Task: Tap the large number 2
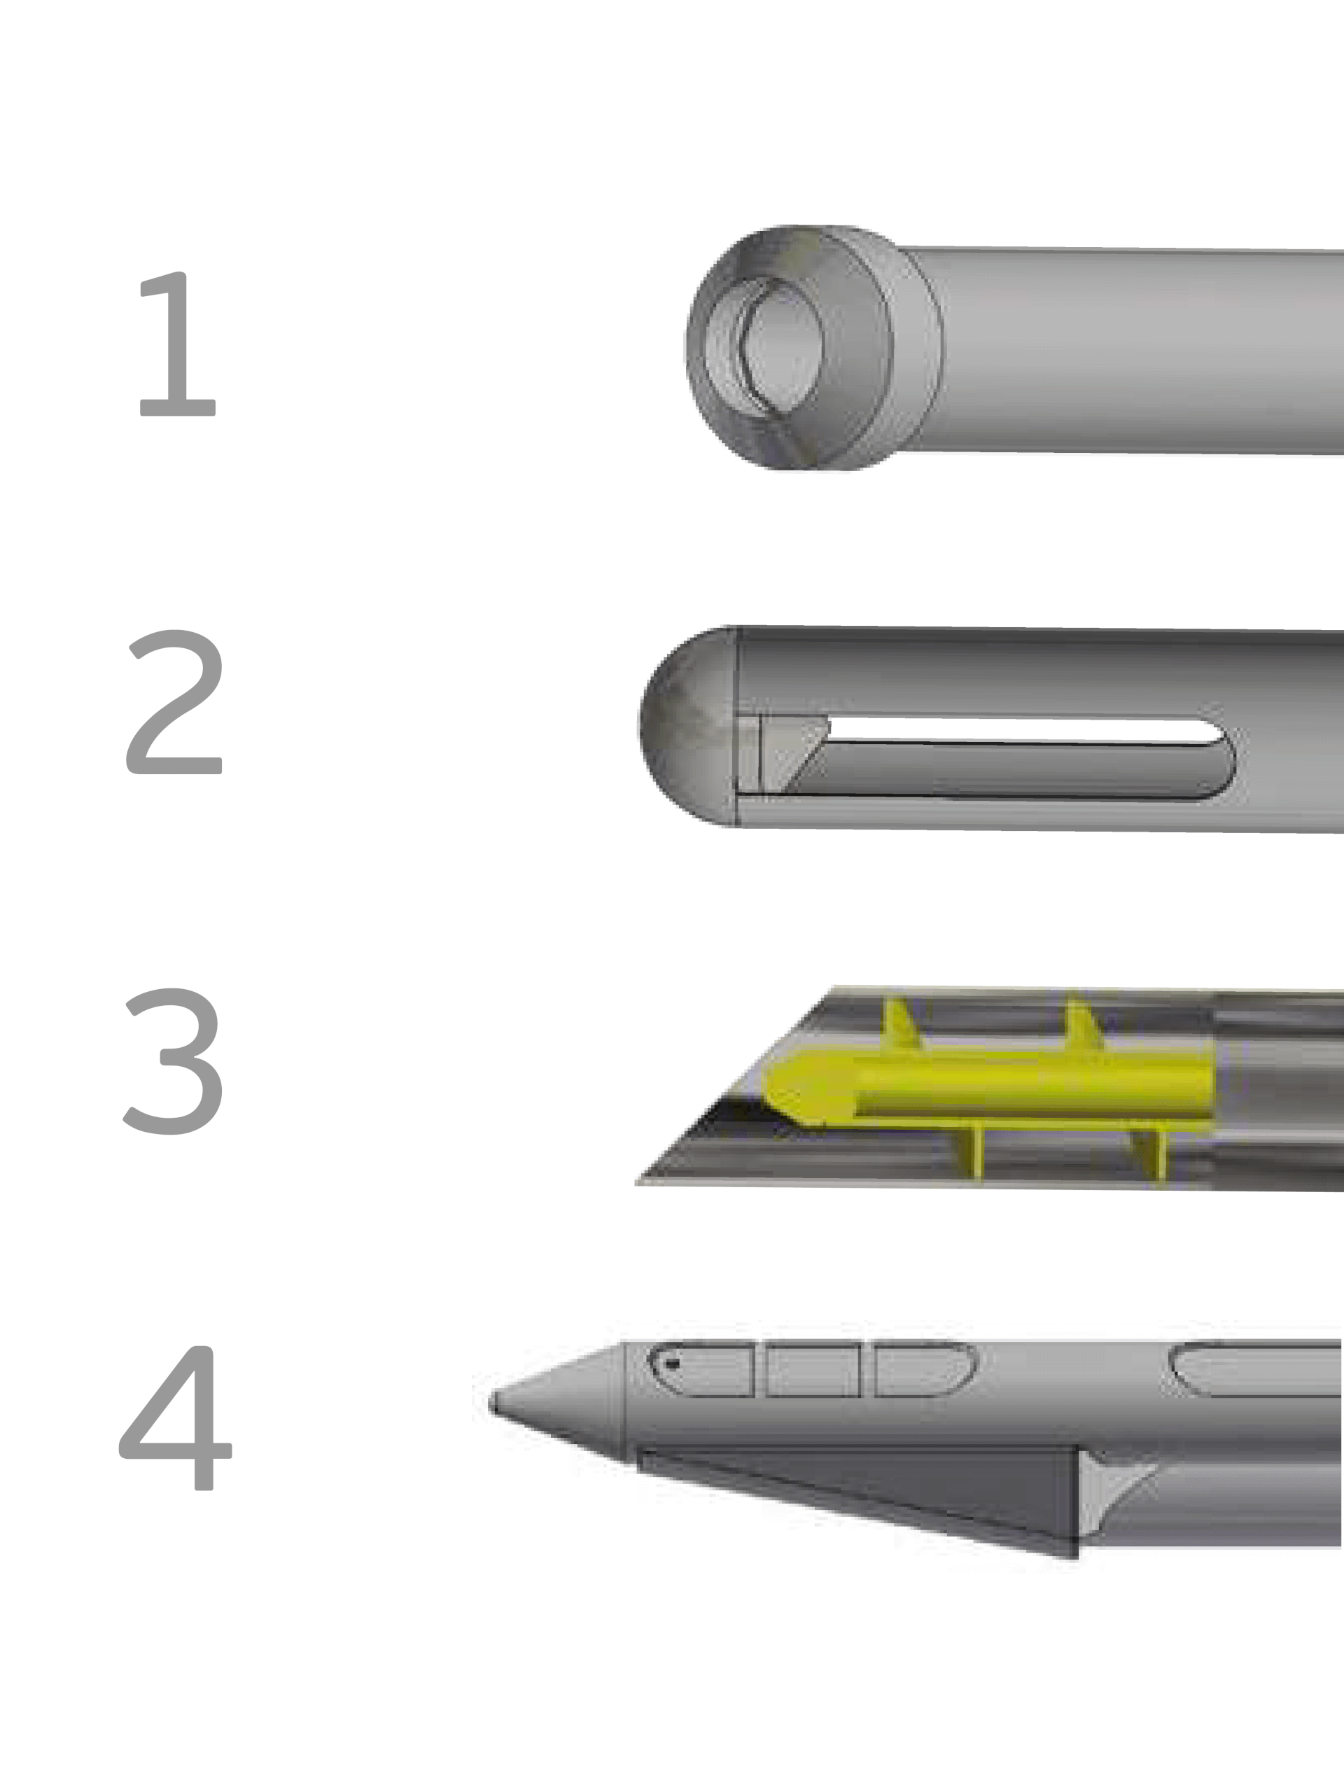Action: coord(174,701)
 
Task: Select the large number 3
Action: coord(174,1060)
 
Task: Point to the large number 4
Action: coord(176,1417)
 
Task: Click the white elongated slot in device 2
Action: coord(1021,731)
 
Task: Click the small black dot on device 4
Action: coord(671,1364)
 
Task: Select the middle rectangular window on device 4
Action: coord(813,1369)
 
